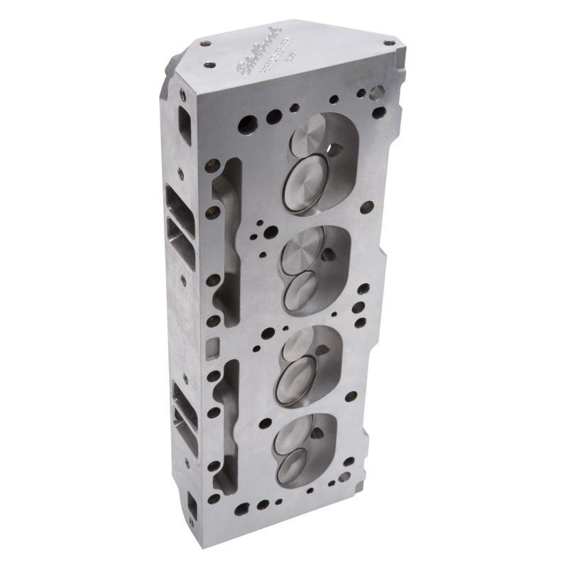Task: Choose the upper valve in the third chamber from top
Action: point(301,344)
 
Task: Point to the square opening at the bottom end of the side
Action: point(192,506)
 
